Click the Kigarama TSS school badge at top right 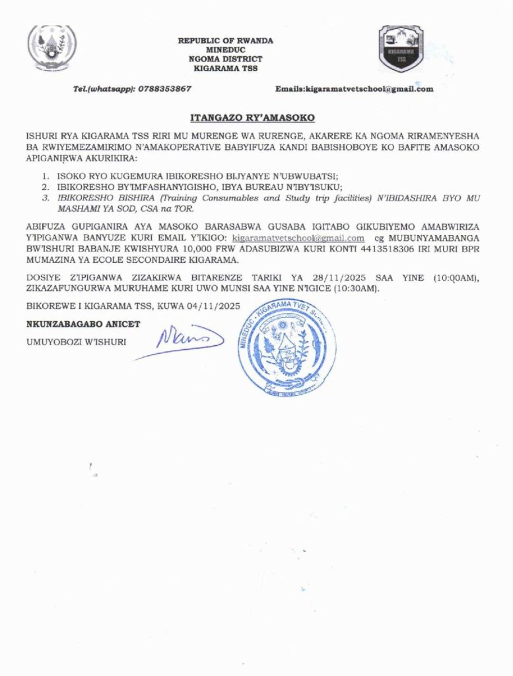[400, 48]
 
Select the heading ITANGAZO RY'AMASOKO [253, 118]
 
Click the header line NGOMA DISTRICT [225, 59]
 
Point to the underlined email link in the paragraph [298, 238]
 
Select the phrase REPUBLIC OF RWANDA [225, 41]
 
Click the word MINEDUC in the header [225, 50]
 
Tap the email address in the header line [372, 88]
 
